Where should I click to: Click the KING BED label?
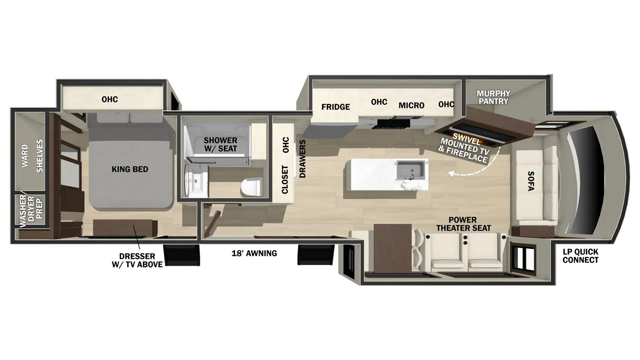130,169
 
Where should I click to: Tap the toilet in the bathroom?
252,187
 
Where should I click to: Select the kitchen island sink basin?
411,170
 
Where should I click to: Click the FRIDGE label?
336,107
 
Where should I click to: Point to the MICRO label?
412,106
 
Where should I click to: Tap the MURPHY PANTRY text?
494,98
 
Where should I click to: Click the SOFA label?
531,181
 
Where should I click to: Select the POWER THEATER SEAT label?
463,224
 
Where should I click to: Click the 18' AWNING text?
254,253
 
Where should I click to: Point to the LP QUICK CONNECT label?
580,256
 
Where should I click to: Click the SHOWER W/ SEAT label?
220,144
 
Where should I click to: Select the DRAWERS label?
302,159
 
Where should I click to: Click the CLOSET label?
285,180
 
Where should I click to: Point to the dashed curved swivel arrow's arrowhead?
452,173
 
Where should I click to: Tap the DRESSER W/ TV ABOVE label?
137,260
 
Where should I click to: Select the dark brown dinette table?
392,248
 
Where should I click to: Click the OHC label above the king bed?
110,100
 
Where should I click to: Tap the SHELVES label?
40,156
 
